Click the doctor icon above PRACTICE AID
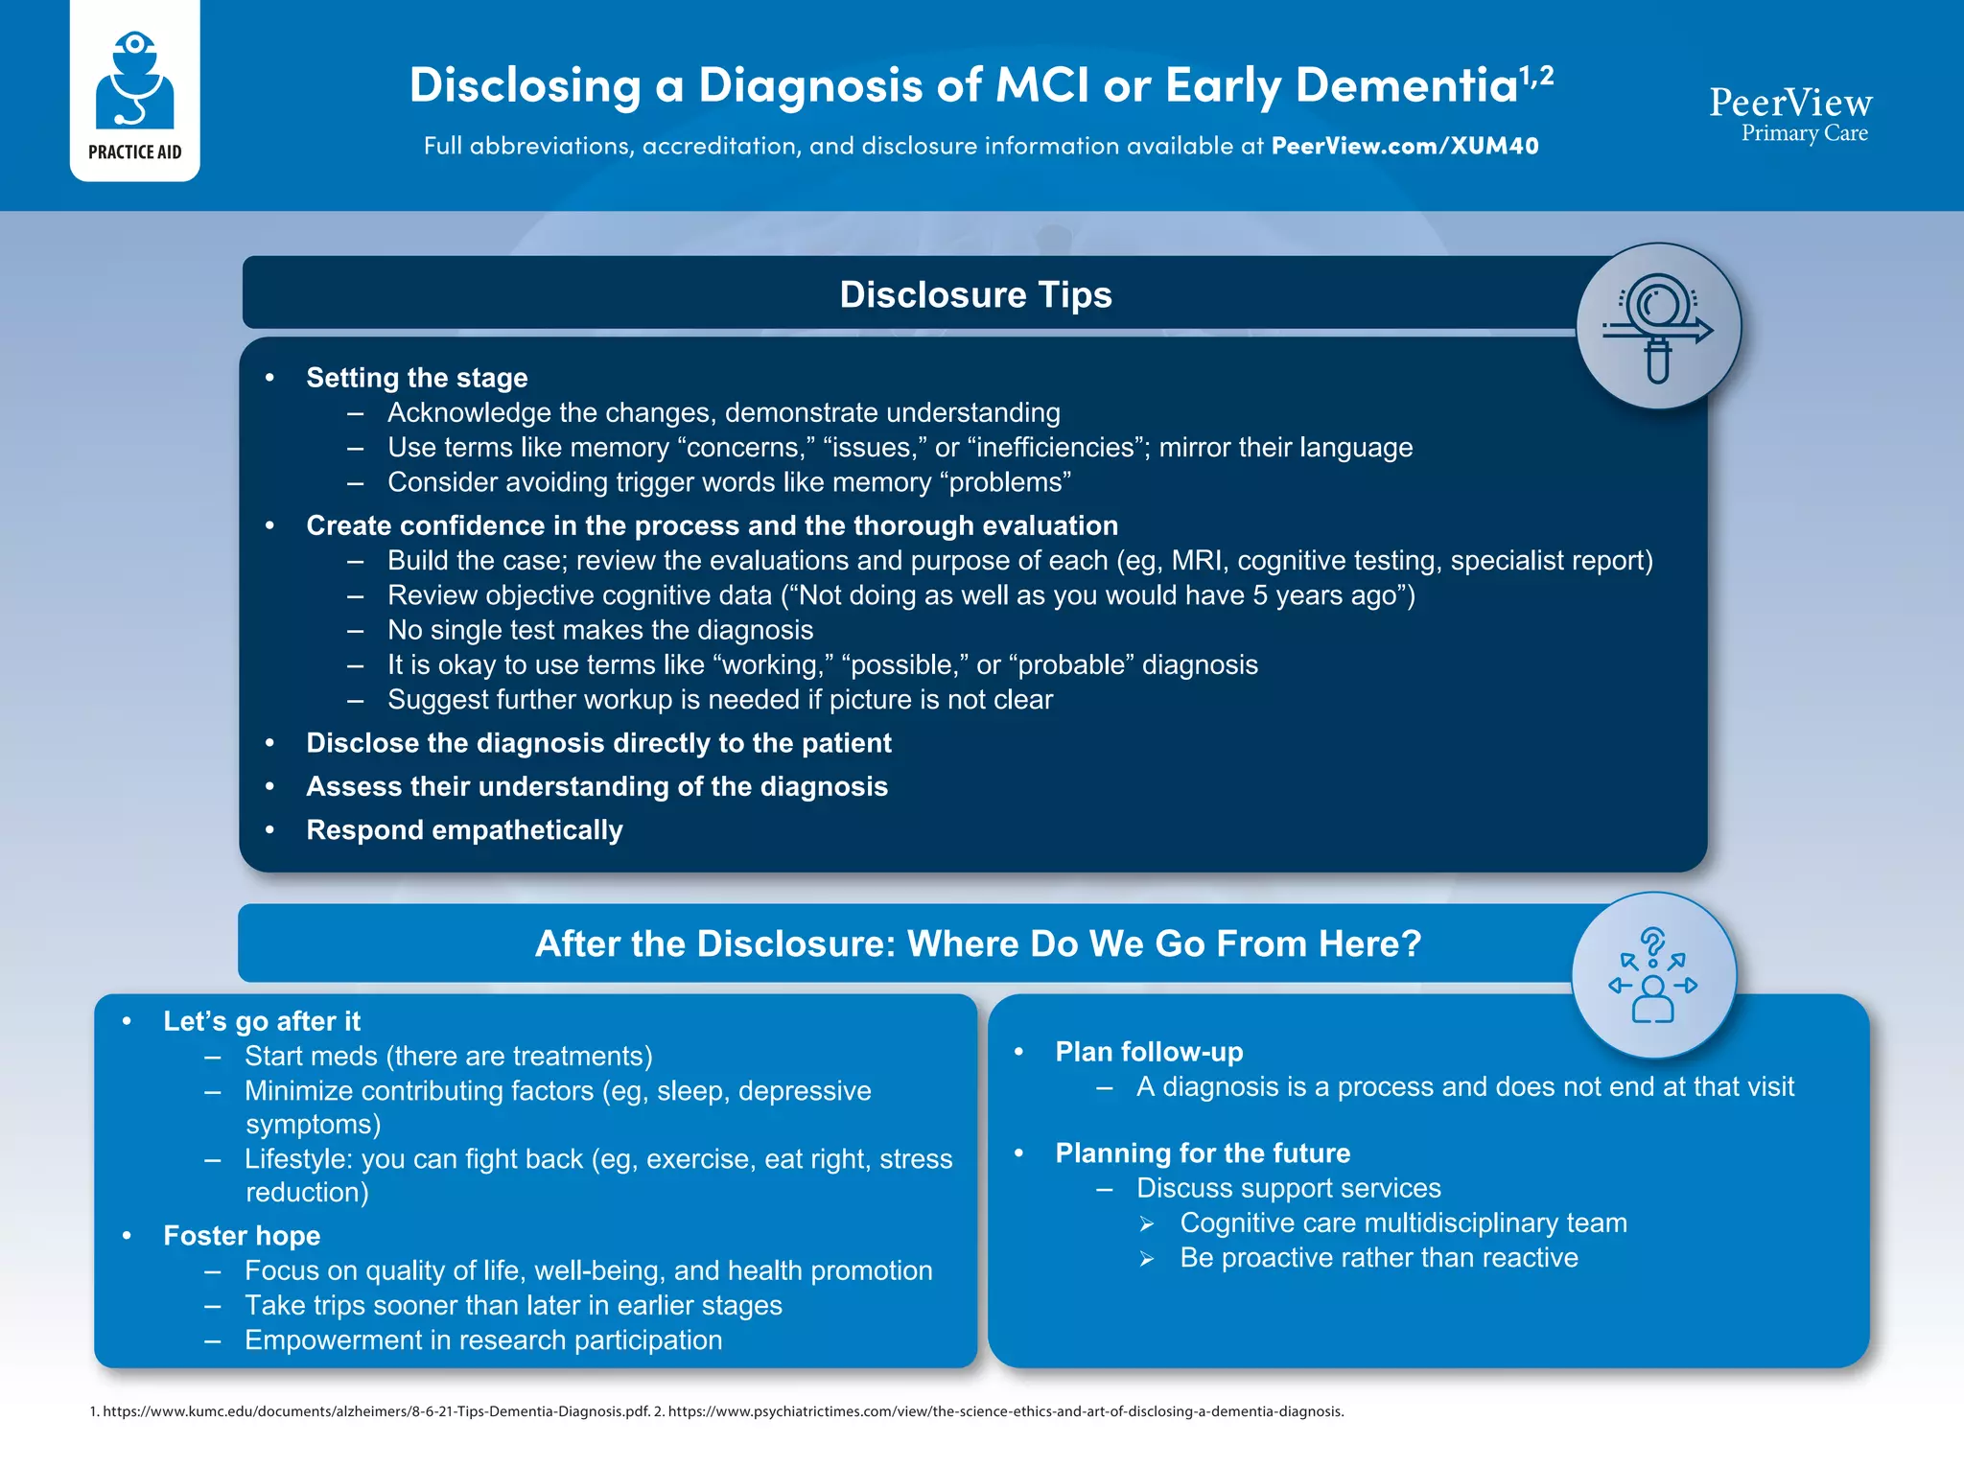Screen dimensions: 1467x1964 134,81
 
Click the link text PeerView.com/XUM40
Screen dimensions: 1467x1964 1404,146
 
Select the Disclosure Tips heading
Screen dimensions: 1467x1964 975,294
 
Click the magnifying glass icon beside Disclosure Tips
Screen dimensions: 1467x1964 1658,327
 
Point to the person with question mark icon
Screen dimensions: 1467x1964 1652,976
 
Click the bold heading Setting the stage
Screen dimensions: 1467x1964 416,378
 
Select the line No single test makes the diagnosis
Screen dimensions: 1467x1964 600,630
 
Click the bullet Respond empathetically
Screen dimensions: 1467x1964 464,829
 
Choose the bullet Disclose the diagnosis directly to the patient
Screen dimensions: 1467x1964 598,743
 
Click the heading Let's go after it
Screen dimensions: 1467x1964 261,1021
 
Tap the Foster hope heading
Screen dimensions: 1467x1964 242,1236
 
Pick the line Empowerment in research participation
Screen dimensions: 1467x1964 483,1340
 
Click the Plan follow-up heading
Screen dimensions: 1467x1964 1149,1052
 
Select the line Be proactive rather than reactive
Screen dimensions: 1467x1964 1378,1258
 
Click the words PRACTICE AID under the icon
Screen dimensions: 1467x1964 134,152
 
